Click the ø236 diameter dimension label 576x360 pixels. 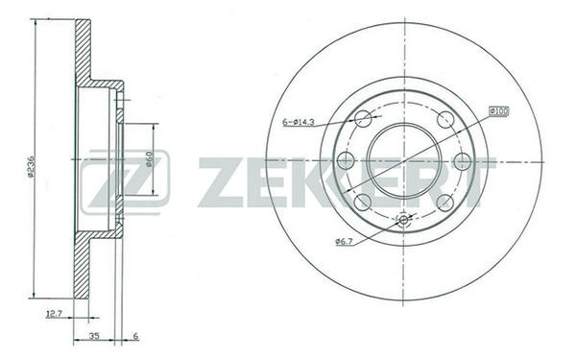click(x=31, y=167)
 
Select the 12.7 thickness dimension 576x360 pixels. click(x=55, y=313)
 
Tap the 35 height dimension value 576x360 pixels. click(x=94, y=336)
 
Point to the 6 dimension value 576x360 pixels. click(x=135, y=336)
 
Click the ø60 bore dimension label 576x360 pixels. click(x=149, y=158)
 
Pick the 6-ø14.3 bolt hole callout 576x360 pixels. click(x=298, y=122)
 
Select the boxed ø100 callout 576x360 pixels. click(x=499, y=110)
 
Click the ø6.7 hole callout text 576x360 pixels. click(x=344, y=241)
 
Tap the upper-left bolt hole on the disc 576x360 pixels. click(x=363, y=119)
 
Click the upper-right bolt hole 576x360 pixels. click(x=445, y=119)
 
